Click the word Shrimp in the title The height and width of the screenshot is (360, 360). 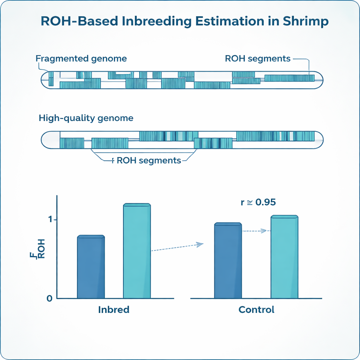click(306, 22)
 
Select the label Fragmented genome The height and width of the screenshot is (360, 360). click(81, 58)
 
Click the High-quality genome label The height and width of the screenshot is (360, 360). click(86, 118)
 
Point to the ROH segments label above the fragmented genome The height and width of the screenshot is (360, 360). click(257, 58)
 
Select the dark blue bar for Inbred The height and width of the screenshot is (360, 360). click(91, 267)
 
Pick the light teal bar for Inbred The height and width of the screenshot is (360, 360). click(137, 251)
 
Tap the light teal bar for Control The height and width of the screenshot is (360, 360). click(284, 257)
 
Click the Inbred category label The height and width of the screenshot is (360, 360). click(114, 310)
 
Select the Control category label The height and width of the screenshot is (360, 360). click(256, 310)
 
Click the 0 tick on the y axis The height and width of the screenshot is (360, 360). click(49, 298)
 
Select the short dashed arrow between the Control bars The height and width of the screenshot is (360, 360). click(256, 231)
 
